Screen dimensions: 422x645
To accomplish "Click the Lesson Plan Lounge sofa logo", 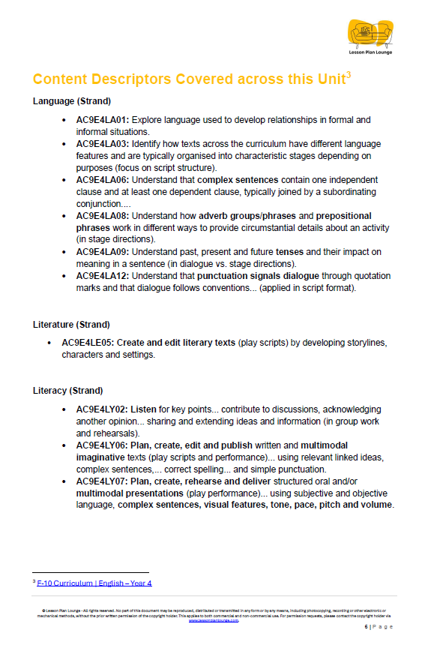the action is tap(370, 34).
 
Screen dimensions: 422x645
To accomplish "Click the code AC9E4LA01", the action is tap(103, 120).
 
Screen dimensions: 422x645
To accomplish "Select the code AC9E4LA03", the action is tap(103, 144).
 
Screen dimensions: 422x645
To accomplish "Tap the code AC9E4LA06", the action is tap(103, 180).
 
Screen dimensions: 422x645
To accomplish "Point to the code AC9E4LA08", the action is tap(103, 216).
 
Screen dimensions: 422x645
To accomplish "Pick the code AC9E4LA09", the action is tap(103, 252).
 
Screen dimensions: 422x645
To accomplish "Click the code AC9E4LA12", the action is tap(103, 276).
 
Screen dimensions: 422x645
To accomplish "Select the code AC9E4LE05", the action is tap(88, 343).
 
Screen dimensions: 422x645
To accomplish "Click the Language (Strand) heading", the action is tap(72, 101).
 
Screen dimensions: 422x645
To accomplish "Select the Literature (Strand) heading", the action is tap(72, 325).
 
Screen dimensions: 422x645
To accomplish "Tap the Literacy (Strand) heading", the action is tap(68, 391).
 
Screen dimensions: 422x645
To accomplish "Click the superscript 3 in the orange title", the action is tap(349, 74).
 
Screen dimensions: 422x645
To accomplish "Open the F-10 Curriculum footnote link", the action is tap(94, 583).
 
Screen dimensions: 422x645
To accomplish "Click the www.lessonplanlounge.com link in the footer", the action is tap(214, 620).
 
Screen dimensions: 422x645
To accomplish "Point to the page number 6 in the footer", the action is tap(367, 627).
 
